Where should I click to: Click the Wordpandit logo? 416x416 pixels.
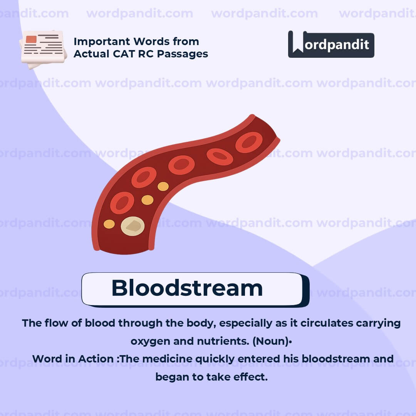click(x=331, y=44)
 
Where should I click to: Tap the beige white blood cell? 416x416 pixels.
click(x=133, y=226)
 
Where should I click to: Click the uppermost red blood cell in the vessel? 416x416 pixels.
click(x=249, y=142)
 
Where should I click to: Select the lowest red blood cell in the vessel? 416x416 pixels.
click(x=122, y=203)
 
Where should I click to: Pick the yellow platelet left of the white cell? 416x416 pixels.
click(x=109, y=224)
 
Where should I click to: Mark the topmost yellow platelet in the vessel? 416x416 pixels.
click(x=163, y=186)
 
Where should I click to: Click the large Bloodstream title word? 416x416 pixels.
click(x=187, y=288)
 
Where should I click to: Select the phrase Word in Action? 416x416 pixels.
click(x=73, y=359)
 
